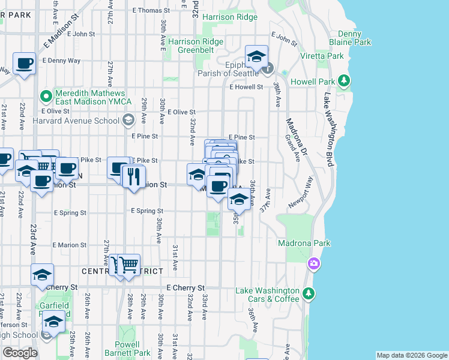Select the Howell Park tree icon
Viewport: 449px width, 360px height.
344,80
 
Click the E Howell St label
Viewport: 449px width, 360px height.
246,87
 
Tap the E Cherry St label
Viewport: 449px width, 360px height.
185,288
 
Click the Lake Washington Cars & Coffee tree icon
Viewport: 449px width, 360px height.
308,293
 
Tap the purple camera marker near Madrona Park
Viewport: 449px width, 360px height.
313,263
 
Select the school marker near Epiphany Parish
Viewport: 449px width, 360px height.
256,59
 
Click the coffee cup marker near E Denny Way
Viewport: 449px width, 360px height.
25,63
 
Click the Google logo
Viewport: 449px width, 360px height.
20,353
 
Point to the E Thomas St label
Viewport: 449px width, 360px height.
151,10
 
